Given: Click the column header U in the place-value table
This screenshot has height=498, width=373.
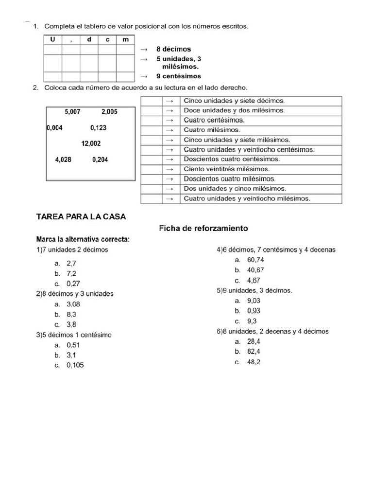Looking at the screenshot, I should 52,39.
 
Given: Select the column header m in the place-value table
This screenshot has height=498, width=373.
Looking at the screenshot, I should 125,39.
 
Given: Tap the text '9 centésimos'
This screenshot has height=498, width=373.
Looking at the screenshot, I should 178,76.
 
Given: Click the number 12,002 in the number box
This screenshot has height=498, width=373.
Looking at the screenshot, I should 91,143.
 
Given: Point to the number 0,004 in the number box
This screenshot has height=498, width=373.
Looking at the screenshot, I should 54,128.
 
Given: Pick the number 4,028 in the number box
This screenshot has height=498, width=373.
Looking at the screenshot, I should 63,160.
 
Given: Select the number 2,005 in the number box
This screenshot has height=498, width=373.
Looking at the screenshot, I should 109,112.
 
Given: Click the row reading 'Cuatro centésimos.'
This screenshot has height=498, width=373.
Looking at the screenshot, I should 214,120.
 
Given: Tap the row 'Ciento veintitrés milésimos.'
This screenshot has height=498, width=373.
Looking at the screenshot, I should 226,169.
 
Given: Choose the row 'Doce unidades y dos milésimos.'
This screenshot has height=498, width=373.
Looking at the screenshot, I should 234,110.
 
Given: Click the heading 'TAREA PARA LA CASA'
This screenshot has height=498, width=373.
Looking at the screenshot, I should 81,217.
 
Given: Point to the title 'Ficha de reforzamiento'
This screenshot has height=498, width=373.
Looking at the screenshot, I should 203,228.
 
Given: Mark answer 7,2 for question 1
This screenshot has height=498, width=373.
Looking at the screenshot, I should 71,273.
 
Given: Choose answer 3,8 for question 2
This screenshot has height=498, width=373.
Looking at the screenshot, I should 71,324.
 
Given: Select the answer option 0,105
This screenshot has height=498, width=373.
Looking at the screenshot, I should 75,365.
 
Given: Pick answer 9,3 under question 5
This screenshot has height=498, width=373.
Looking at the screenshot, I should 252,321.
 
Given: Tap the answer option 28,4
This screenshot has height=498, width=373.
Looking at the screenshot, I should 254,341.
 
